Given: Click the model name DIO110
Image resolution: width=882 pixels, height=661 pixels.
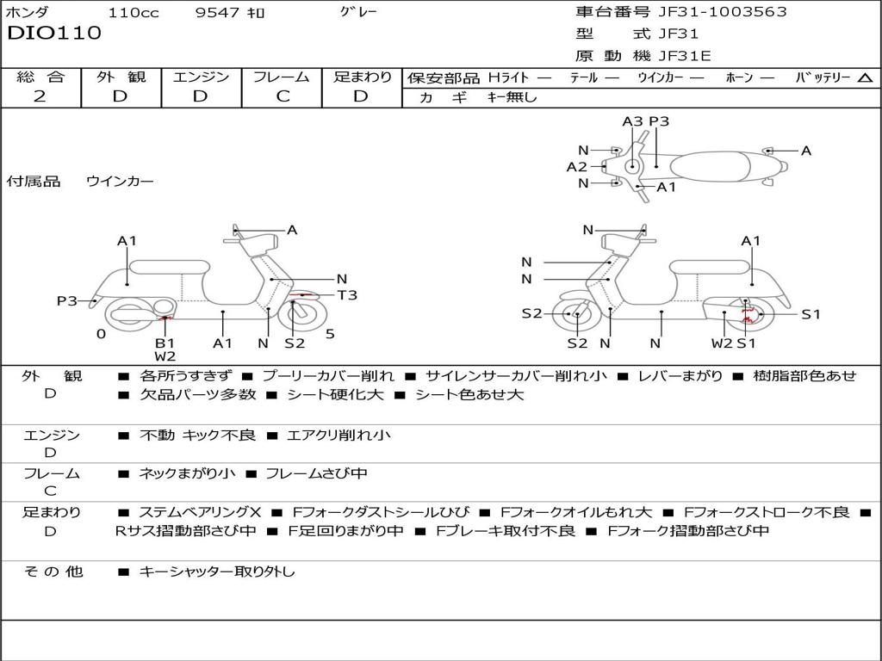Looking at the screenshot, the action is [54, 34].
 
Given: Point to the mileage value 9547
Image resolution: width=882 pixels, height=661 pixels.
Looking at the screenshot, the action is [217, 13].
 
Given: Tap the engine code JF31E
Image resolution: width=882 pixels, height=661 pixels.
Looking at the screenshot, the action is [685, 56].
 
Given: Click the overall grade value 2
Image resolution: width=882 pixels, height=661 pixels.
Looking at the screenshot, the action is [40, 96].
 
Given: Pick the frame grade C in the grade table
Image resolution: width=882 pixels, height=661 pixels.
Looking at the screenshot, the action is [283, 96].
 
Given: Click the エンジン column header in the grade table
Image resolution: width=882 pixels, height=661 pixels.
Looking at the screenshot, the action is [202, 77].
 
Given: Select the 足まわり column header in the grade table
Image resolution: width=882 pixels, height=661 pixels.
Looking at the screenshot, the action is [362, 77].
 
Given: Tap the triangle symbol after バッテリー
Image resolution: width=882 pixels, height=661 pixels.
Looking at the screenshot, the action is [865, 77].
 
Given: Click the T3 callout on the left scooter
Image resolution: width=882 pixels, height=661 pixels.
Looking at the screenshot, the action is [346, 295].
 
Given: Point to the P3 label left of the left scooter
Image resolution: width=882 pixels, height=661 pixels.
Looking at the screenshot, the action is [67, 300].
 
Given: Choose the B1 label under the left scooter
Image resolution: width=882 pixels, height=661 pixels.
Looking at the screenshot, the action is [165, 343].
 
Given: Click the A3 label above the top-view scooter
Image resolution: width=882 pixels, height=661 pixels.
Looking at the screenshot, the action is [633, 121].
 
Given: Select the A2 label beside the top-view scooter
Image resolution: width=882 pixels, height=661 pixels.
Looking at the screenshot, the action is [576, 167].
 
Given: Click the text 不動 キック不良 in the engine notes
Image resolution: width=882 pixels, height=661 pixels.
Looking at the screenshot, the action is [197, 436].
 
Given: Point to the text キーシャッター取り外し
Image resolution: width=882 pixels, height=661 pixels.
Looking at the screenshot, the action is [216, 571].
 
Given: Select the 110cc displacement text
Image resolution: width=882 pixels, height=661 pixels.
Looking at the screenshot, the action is [134, 13].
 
